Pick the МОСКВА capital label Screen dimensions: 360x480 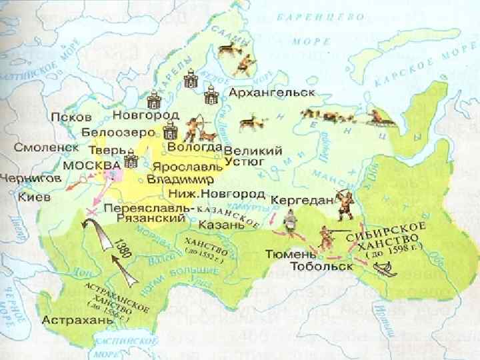click(91, 164)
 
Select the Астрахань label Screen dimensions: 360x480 click(73, 320)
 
